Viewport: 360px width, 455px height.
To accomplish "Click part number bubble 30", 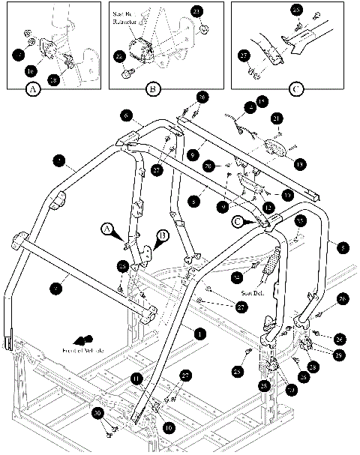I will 97,413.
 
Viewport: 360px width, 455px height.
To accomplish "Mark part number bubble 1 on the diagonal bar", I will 198,332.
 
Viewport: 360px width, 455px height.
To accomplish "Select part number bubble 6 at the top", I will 127,115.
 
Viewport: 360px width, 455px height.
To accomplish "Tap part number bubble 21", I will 277,119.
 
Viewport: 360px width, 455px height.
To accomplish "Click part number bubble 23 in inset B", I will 196,11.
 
